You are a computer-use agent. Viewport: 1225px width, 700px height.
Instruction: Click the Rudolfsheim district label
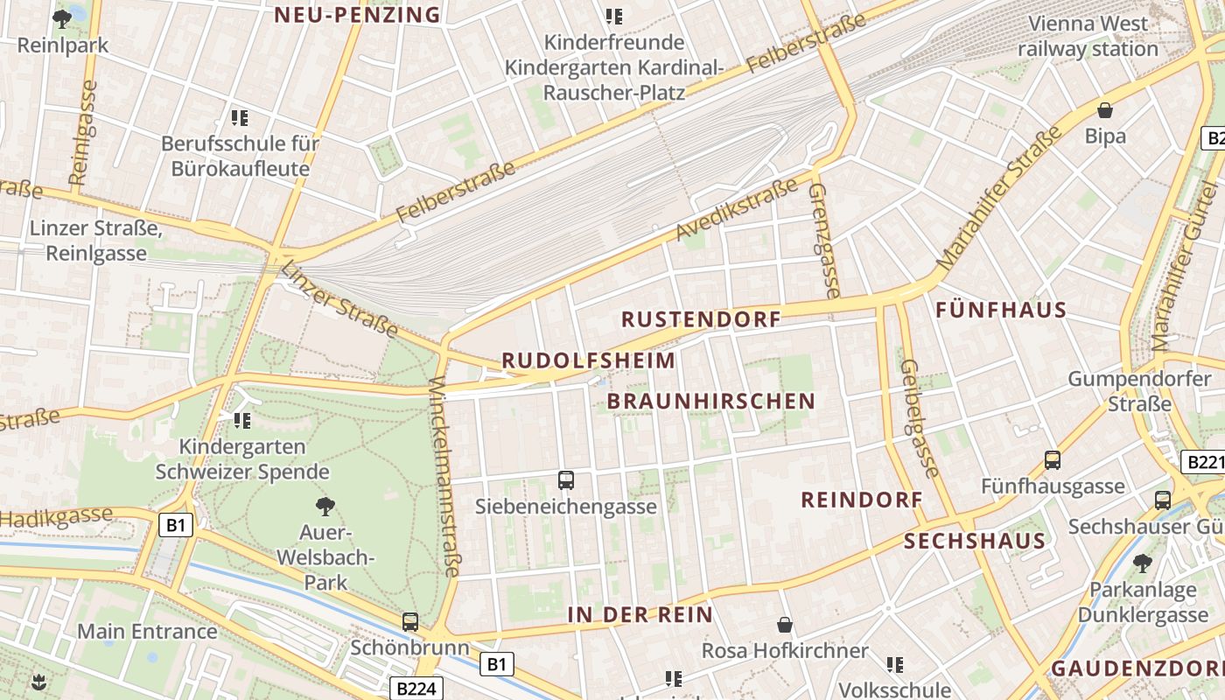(x=588, y=360)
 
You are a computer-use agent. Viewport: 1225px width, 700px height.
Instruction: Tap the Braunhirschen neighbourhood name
(x=710, y=402)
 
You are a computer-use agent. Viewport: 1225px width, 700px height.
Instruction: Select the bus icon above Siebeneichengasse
(x=566, y=480)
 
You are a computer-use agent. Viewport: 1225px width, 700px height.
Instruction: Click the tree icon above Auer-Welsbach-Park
(x=325, y=506)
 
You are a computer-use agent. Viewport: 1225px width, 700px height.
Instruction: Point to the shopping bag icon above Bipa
(x=1105, y=110)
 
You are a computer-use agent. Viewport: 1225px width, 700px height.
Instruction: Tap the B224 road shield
(x=415, y=689)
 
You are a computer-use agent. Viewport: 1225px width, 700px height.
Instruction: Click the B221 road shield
(x=1204, y=462)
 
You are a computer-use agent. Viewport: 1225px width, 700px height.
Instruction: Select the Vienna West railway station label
(x=1088, y=36)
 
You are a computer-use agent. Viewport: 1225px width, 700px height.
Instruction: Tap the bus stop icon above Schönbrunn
(x=409, y=622)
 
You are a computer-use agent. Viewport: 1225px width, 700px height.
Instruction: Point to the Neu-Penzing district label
(x=357, y=15)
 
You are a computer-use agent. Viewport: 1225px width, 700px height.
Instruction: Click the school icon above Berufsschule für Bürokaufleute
(x=240, y=117)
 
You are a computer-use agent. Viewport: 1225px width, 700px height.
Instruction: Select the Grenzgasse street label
(x=822, y=240)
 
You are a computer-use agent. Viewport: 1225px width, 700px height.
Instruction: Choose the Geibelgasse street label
(x=920, y=417)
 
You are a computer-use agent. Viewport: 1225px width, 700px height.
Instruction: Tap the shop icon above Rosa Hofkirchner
(x=785, y=625)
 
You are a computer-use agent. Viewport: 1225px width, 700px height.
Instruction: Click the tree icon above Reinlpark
(x=62, y=18)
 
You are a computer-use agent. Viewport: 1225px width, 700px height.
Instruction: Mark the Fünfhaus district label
(x=1001, y=310)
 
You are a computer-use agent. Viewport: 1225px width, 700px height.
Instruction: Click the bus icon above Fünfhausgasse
(x=1053, y=460)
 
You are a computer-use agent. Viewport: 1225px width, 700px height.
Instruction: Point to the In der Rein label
(x=640, y=614)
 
